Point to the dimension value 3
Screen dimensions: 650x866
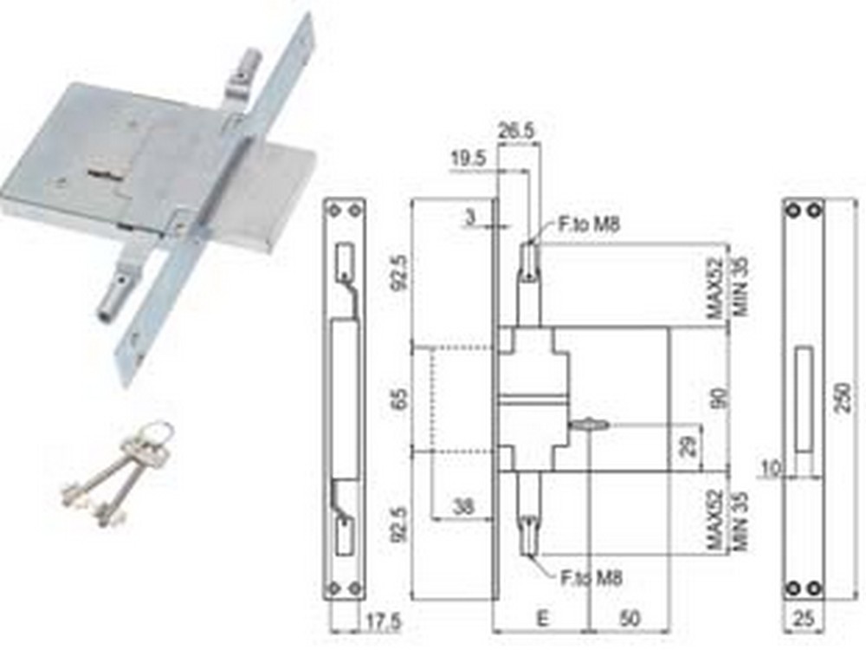(x=470, y=216)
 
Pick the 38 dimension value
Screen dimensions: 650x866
(x=464, y=506)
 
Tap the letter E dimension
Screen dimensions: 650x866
(x=542, y=621)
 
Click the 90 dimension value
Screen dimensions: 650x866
(x=714, y=400)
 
